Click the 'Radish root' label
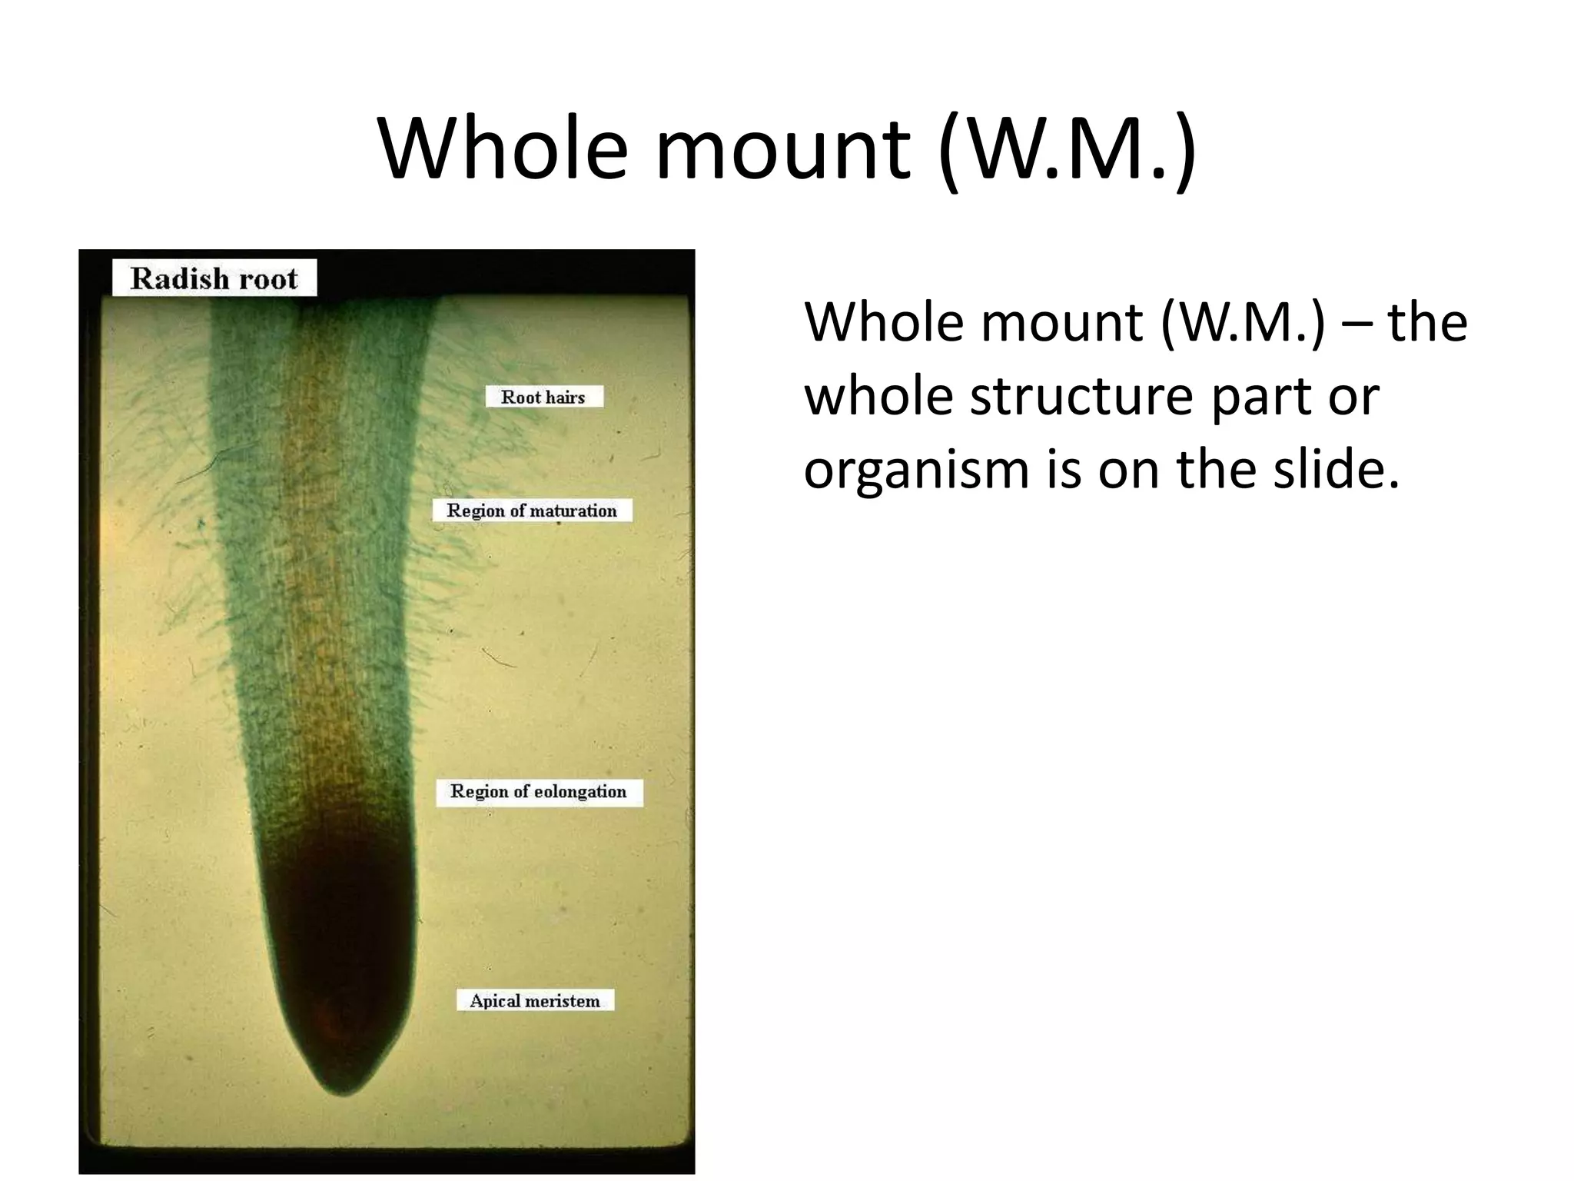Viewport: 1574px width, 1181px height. pos(214,278)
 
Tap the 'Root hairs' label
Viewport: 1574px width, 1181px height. pos(543,397)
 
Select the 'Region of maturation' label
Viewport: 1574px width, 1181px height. pos(532,511)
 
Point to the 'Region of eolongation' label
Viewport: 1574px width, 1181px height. pos(539,791)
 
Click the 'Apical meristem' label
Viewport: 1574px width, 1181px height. pos(535,1000)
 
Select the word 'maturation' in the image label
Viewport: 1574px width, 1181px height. pos(573,511)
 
